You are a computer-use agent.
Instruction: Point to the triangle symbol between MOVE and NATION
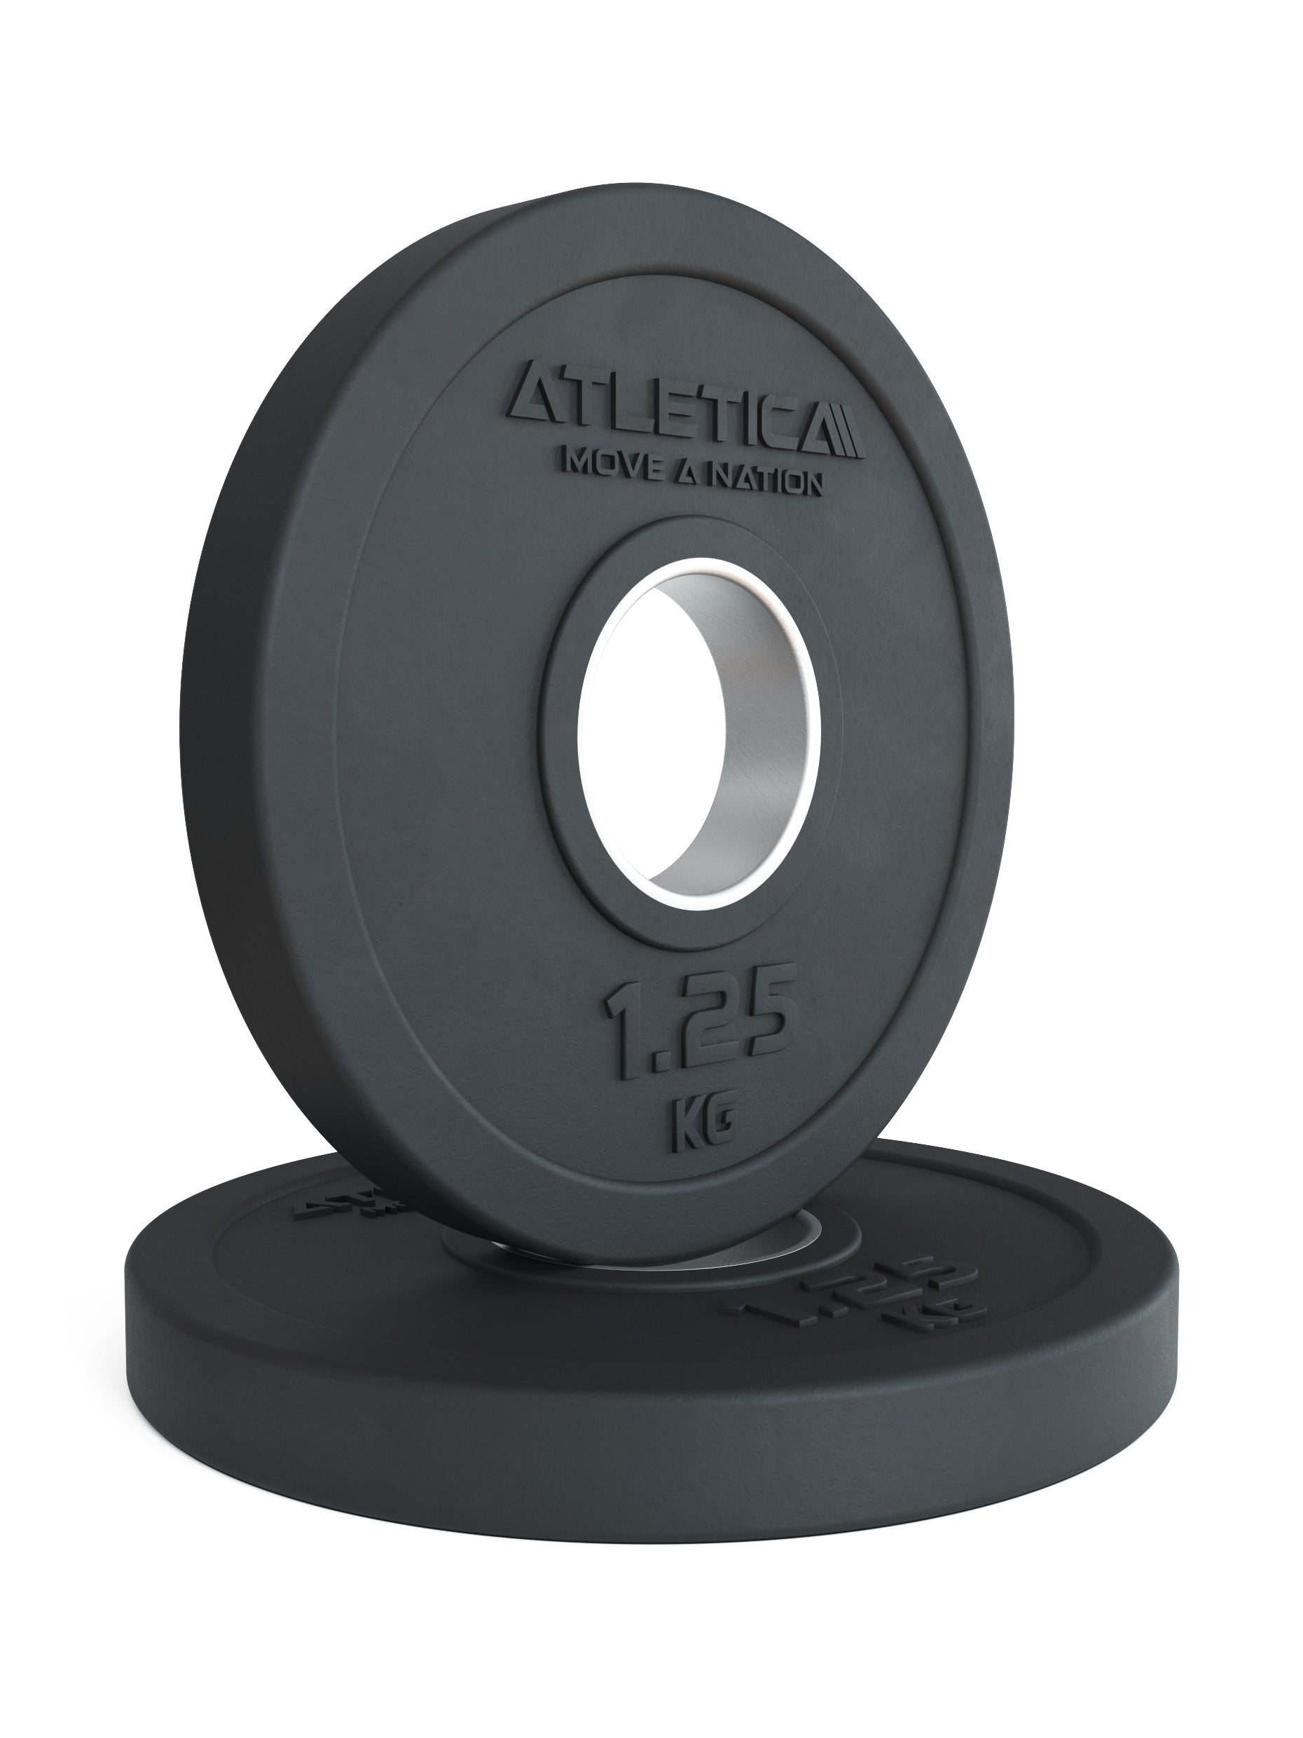pyautogui.click(x=687, y=471)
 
